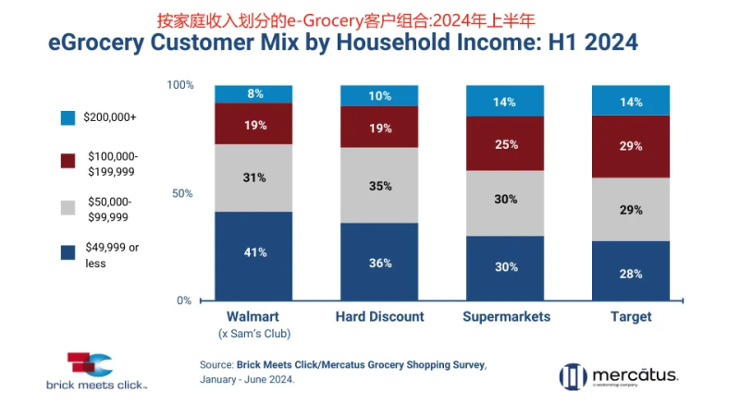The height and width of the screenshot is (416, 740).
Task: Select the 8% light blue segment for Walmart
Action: point(254,93)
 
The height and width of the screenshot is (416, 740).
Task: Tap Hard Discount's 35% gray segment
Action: point(379,185)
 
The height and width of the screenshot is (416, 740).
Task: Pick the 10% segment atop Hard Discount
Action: point(379,95)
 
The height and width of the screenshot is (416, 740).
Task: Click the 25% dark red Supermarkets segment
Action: point(504,144)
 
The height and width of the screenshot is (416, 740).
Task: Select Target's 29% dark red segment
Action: point(631,146)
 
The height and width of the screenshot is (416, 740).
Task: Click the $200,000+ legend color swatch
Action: point(68,118)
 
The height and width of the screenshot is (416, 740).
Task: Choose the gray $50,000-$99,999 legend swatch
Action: point(68,208)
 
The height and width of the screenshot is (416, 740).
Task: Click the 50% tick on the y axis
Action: point(182,193)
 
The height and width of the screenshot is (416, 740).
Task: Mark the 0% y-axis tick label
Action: point(185,300)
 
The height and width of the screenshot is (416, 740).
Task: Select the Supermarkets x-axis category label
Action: point(505,316)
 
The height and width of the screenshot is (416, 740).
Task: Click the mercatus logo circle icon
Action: point(572,376)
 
